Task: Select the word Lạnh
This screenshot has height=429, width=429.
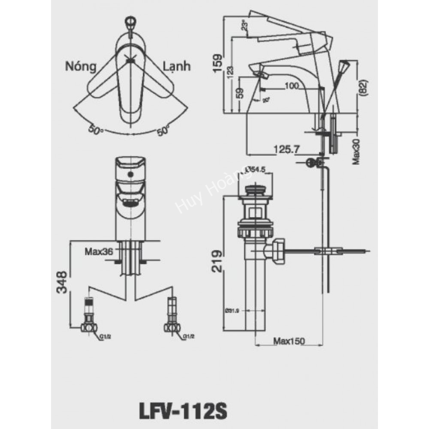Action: pyautogui.click(x=177, y=66)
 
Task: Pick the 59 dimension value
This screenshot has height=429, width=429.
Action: pyautogui.click(x=240, y=93)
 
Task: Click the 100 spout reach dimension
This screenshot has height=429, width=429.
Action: pyautogui.click(x=291, y=86)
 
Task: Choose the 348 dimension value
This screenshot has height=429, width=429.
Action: pyautogui.click(x=63, y=282)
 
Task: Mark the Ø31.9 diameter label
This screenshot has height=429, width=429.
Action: pyautogui.click(x=232, y=310)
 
